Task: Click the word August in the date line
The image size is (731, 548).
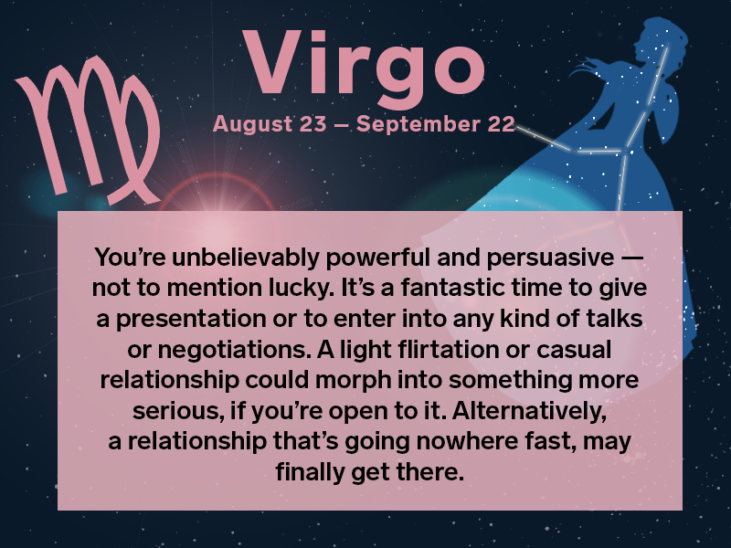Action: click(250, 124)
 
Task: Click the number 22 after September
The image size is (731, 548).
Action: click(500, 124)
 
